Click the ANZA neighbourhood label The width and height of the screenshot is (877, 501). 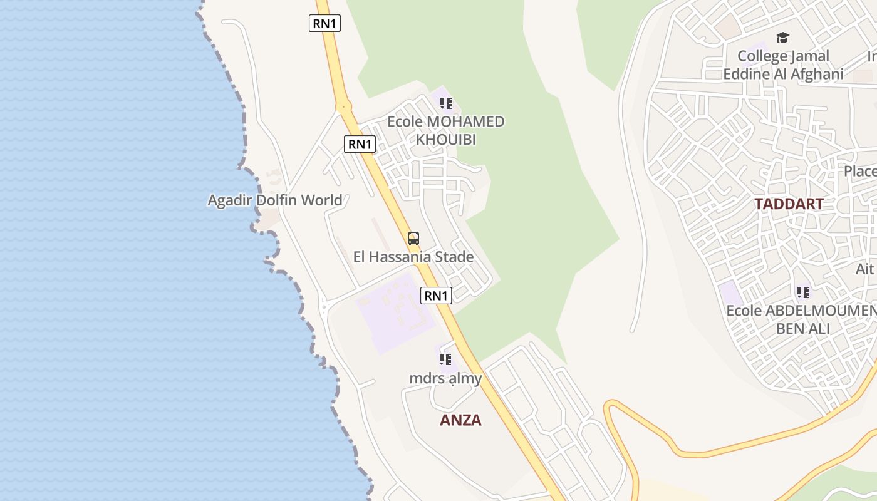460,420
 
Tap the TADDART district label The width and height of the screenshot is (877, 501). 788,204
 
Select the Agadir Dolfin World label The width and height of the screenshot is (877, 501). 275,200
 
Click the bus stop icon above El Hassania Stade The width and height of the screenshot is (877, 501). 413,239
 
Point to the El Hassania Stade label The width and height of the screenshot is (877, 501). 413,257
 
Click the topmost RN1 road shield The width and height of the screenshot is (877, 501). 325,24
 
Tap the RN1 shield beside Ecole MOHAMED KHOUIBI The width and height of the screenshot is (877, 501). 360,144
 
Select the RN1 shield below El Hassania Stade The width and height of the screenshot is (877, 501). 436,296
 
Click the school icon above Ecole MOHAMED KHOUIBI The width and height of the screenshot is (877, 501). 446,103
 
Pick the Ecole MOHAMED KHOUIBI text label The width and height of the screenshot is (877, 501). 446,130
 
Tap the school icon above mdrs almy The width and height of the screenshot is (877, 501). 445,359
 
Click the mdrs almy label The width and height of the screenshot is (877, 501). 445,378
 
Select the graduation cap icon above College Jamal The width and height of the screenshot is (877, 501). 782,38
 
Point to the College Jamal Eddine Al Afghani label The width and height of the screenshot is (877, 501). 783,65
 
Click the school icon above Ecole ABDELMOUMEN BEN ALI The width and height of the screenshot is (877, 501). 802,292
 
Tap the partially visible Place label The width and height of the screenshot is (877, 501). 859,172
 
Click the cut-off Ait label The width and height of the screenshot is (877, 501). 865,269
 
